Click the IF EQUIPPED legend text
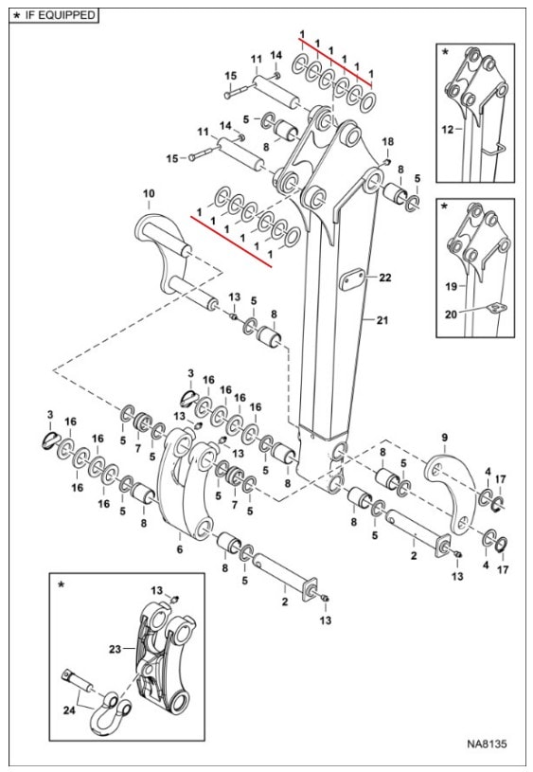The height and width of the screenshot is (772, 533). point(60,15)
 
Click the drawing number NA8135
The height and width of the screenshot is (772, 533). point(487,744)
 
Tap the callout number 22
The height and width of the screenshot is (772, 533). point(385,278)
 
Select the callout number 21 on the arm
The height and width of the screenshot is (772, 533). point(382,320)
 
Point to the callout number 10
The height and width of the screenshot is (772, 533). point(149,193)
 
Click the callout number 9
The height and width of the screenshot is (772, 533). point(444,438)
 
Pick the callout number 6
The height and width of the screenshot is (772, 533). point(180,549)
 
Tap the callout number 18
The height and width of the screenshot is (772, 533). point(388,142)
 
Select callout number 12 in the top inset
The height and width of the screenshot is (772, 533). point(448,130)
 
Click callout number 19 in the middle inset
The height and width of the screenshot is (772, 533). point(452,286)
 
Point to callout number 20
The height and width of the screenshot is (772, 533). point(451,314)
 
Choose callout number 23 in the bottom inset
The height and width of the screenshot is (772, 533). point(115,650)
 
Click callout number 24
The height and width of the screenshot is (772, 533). point(69,710)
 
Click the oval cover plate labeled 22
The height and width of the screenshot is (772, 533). point(352,279)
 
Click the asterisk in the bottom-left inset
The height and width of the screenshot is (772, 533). point(61,584)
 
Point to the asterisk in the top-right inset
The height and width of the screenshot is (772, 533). point(445,51)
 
